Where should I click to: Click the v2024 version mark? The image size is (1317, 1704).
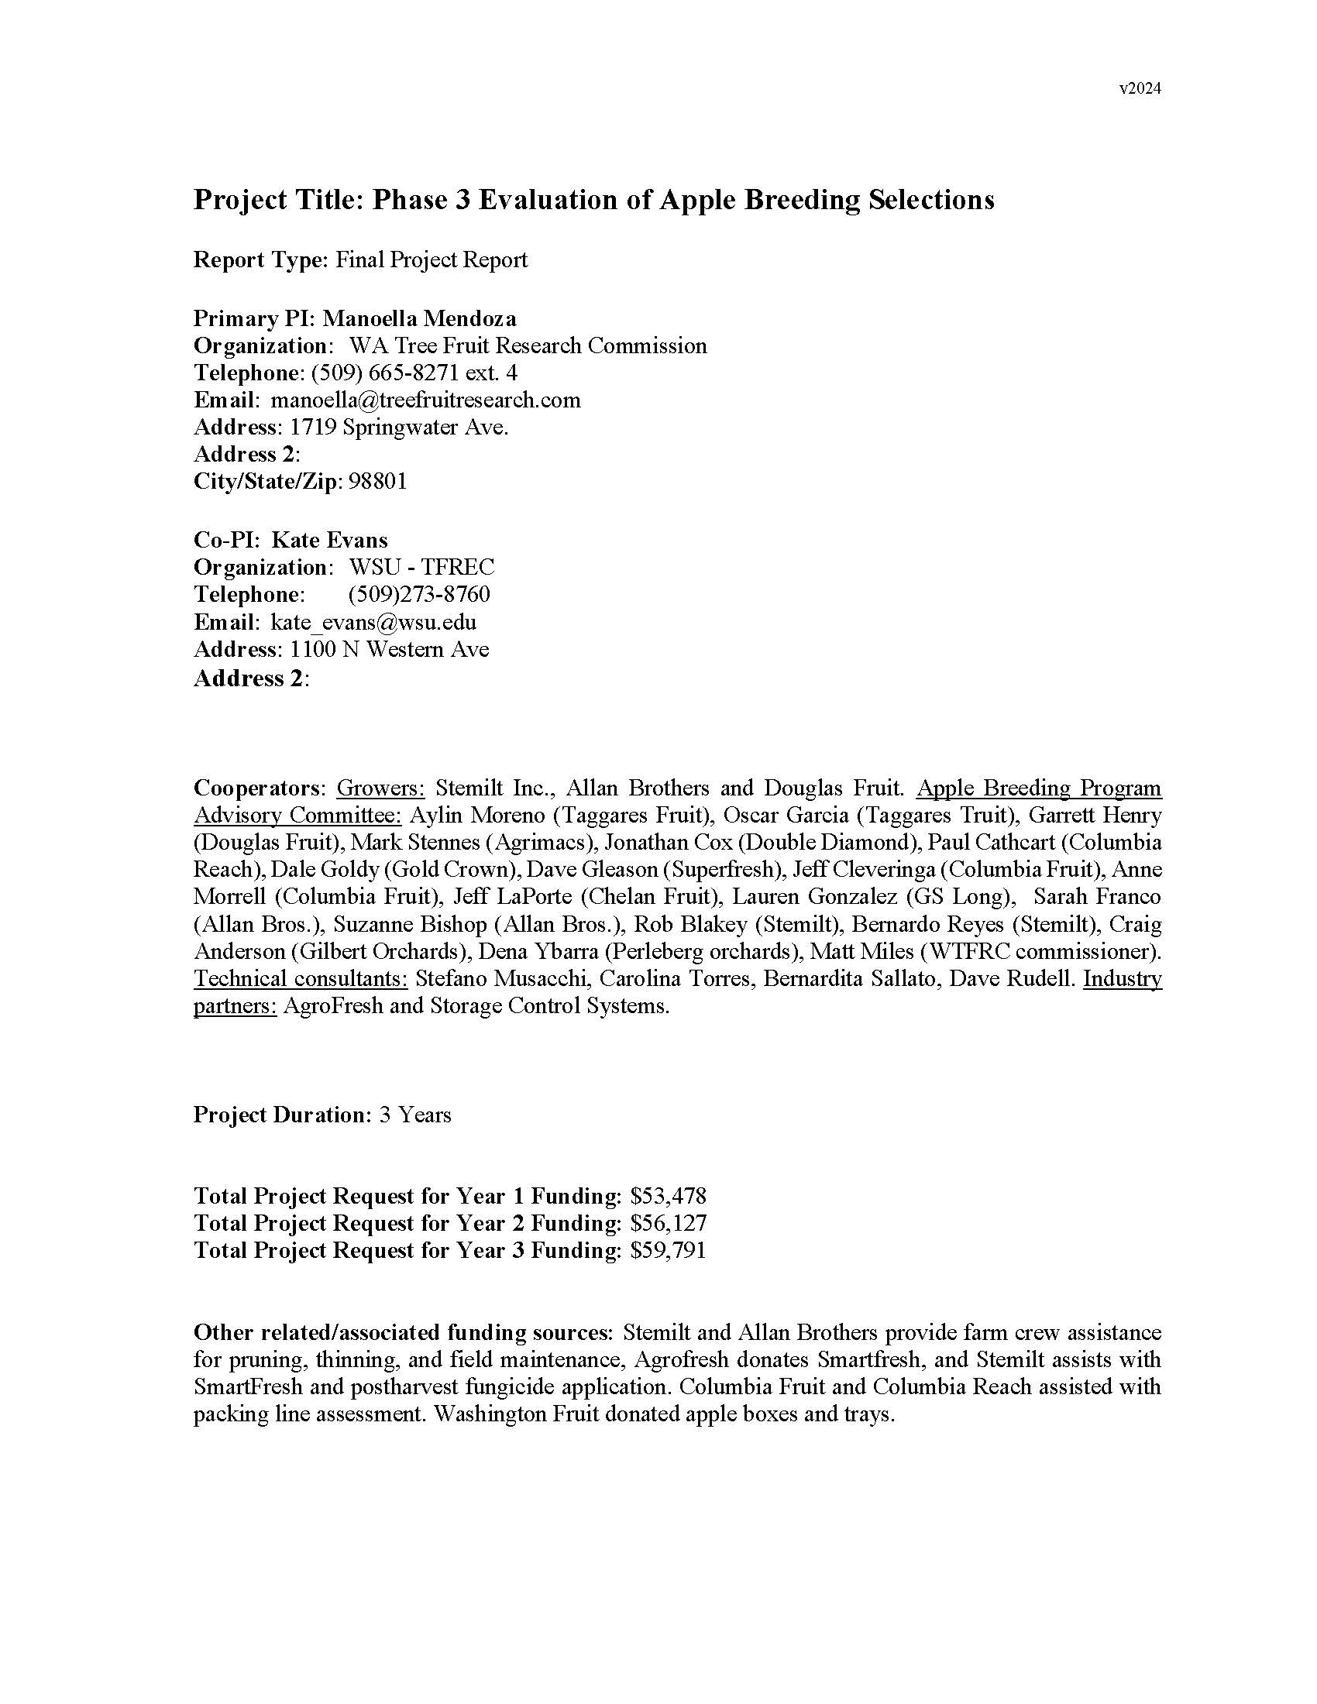(1140, 89)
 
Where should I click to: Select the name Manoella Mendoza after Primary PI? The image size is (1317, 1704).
(419, 318)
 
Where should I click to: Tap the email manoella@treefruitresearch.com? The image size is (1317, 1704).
(425, 400)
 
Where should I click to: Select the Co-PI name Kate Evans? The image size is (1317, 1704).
(328, 540)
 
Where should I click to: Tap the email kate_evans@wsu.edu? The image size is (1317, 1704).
(373, 622)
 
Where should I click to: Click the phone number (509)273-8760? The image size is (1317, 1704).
(419, 595)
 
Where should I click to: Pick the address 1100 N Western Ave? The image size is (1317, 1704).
(390, 649)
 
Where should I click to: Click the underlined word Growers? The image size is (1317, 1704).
(380, 788)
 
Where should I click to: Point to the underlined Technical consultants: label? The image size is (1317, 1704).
(301, 978)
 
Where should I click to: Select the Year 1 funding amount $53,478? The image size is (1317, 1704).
(668, 1196)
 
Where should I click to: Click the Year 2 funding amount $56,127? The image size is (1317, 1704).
(668, 1223)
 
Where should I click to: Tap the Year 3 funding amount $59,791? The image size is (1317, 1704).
(668, 1251)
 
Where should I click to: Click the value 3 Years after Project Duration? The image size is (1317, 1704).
(415, 1114)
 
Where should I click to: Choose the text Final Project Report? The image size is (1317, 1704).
(432, 259)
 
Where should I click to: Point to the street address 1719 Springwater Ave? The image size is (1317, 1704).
(399, 428)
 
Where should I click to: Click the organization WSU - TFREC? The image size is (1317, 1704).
(421, 567)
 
